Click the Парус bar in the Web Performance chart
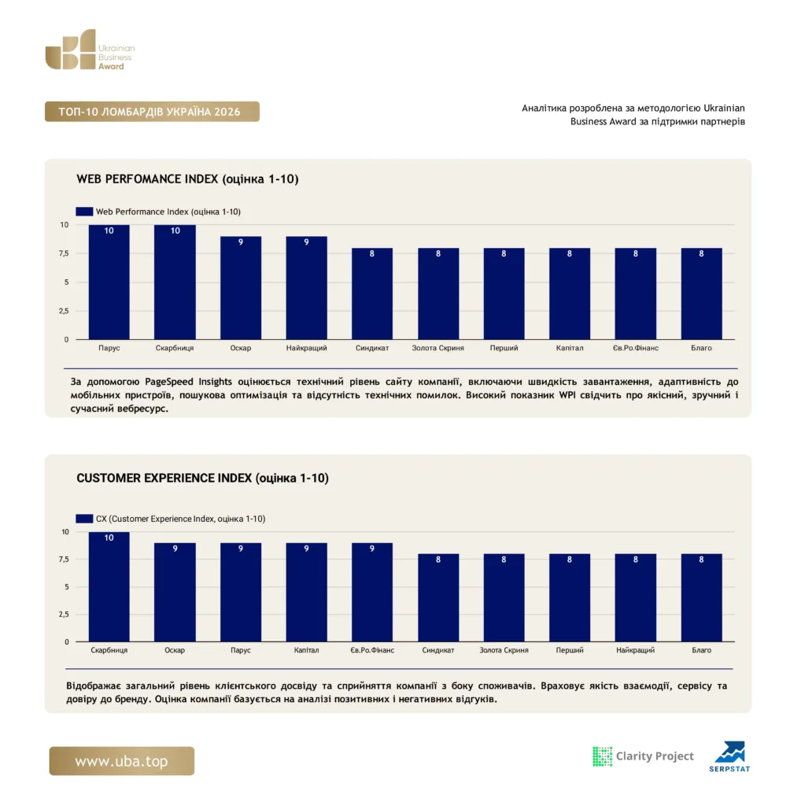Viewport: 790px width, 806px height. [109, 282]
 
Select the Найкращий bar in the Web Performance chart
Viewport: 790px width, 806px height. [306, 288]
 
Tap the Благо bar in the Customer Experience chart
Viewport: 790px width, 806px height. [701, 598]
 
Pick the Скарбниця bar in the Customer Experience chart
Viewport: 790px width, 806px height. [109, 586]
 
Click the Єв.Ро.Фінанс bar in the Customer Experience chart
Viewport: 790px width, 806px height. [372, 592]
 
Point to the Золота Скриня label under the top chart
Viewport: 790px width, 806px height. [438, 348]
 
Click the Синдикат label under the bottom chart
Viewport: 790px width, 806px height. [438, 650]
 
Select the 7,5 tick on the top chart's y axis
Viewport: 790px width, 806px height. [64, 253]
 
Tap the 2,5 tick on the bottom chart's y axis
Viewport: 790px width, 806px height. [64, 614]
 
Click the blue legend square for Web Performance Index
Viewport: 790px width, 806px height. [84, 211]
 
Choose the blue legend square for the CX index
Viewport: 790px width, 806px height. [84, 519]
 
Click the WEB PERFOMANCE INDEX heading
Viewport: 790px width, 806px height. [187, 179]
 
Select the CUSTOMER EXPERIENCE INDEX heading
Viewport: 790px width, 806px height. [202, 478]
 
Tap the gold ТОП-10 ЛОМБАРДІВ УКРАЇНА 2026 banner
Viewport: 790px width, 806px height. [152, 112]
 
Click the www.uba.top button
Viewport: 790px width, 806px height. [122, 761]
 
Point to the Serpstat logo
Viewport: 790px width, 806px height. [730, 756]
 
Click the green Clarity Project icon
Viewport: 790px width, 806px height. [603, 756]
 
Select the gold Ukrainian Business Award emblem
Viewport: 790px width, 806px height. [70, 50]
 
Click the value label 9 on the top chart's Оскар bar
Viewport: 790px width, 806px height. [241, 242]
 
